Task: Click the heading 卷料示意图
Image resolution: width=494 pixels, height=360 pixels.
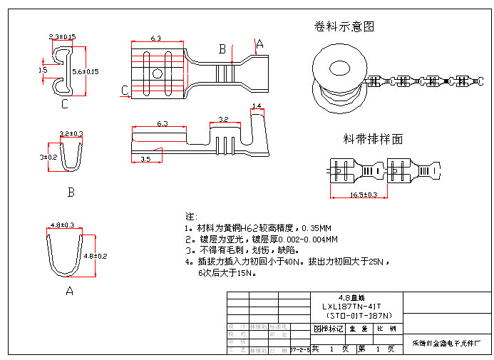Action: coord(344,27)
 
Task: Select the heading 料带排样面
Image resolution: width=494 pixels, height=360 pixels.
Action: coord(373,139)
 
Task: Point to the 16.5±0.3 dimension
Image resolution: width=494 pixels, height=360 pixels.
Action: coord(363,194)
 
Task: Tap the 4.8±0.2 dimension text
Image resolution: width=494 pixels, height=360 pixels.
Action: coord(96,255)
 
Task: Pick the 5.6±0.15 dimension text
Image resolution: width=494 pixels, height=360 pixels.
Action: coord(86,71)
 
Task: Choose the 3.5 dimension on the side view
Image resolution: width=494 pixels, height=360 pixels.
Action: coord(145,158)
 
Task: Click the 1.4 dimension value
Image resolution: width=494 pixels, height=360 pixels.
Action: coord(257,106)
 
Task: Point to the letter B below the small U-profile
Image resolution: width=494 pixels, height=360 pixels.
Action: coord(71,192)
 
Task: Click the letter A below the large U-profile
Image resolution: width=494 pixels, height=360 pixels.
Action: coord(69,291)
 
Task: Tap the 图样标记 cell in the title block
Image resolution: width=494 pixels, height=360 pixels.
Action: coord(329,329)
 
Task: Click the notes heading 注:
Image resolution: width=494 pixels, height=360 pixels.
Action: coord(191,216)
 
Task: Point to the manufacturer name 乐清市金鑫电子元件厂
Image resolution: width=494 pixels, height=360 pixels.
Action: coord(447,343)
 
